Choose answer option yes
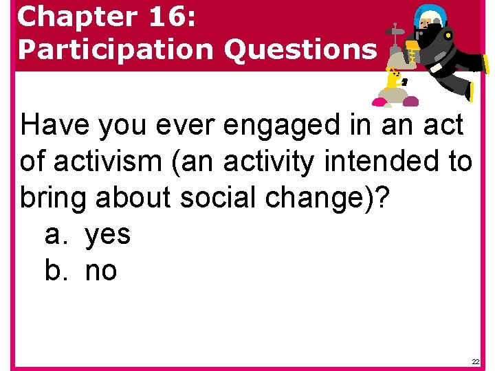point(108,236)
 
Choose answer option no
point(101,271)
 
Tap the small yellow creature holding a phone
point(393,81)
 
